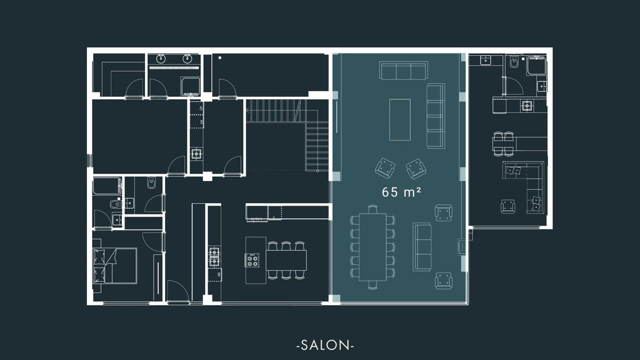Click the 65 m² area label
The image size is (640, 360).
[401, 192]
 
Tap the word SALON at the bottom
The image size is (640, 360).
[325, 345]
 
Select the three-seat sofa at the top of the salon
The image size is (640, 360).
[403, 70]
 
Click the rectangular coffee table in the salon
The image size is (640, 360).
[399, 119]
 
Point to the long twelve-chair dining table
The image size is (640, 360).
[372, 247]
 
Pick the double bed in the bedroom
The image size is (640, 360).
[115, 265]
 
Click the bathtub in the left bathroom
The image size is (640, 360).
[107, 186]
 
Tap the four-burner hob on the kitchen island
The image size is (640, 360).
[252, 260]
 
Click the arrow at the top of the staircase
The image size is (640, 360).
[247, 110]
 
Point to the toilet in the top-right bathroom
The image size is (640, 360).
[514, 62]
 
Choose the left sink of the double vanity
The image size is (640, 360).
[161, 58]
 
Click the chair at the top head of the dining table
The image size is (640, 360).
[372, 209]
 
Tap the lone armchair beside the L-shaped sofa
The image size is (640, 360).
[507, 206]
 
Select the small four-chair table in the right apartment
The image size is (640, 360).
[503, 144]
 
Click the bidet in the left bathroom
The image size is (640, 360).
[115, 204]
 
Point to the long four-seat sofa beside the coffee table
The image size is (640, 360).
[435, 116]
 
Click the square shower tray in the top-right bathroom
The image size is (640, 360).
[536, 65]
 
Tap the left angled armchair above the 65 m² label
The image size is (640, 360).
[385, 168]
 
